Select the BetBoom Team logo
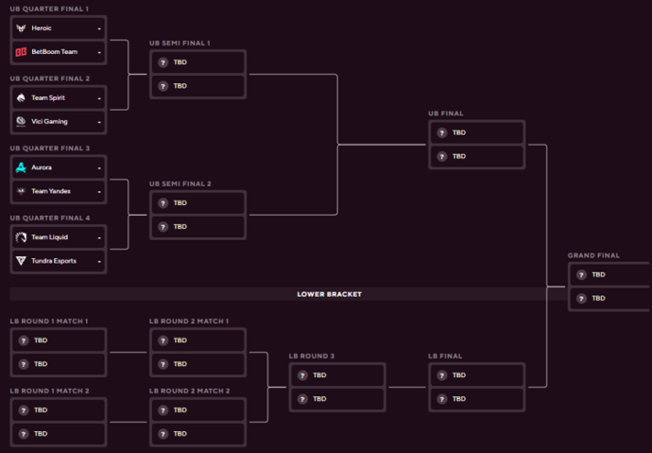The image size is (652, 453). pos(21,51)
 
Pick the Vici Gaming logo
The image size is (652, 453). pos(21,121)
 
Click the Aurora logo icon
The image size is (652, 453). pos(21,167)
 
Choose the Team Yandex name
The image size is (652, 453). pos(51,191)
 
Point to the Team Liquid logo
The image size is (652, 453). pos(21,237)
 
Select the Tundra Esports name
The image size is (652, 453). pos(54,261)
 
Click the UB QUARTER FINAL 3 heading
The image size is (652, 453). pos(49,148)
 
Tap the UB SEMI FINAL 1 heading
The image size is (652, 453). pos(180,43)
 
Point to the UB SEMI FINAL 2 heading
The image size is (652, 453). pos(180,183)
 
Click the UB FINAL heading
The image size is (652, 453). pos(447,113)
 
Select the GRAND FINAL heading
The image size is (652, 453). pos(593,255)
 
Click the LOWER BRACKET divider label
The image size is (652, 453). pos(330,294)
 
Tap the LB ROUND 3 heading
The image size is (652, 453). pos(313,356)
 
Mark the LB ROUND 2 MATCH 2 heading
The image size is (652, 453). pos(189,391)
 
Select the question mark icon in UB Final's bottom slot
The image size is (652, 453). pos(441,156)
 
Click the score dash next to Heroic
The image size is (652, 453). pos(98,27)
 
